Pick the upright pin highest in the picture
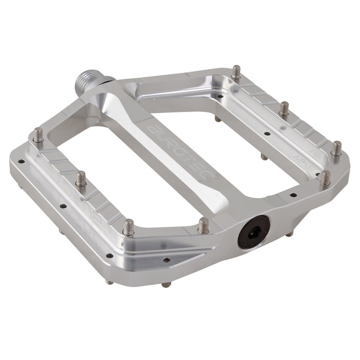(236, 71)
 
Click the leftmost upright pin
(39, 135)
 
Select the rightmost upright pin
(336, 148)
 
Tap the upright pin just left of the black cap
(204, 225)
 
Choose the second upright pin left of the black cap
(129, 226)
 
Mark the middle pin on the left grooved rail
(81, 178)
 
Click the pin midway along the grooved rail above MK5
(284, 109)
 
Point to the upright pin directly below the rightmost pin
(325, 178)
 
